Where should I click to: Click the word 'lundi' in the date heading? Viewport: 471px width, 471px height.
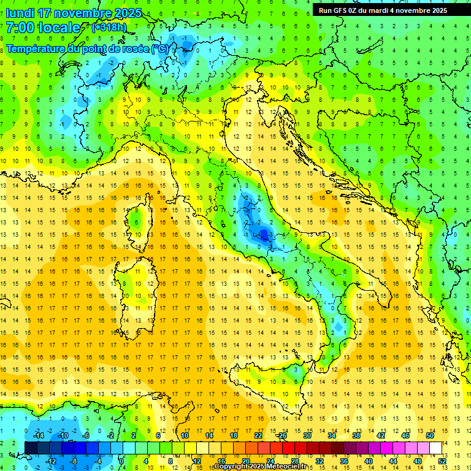coord(20,13)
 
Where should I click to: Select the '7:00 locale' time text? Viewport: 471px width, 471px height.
coord(43,28)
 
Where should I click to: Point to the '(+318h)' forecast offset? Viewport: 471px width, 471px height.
coord(109,27)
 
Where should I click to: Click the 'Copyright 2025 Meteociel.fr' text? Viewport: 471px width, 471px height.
coord(264,467)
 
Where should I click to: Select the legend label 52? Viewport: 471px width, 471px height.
coord(443,461)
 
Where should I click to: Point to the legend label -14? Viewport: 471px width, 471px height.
coord(39,435)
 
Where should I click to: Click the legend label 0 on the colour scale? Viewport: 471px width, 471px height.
coord(121,461)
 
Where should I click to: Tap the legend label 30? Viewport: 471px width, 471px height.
coord(307,435)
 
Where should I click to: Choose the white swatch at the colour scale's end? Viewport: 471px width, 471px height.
coord(436,448)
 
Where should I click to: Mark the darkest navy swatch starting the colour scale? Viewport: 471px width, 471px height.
coord(31,448)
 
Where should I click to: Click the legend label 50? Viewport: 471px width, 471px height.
coord(429,435)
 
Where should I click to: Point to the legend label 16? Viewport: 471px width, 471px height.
coord(221,461)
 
